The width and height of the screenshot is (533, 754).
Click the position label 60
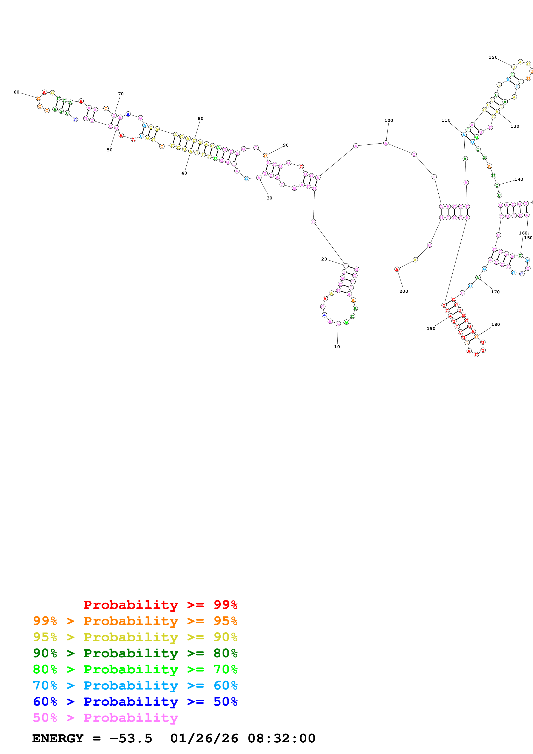[x=16, y=92]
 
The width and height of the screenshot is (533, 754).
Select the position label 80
[x=200, y=119]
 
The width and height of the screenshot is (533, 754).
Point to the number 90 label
[x=286, y=145]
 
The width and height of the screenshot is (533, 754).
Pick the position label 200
[x=404, y=291]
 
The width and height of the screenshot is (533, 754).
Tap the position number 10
[x=337, y=347]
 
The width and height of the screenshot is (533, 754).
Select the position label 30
[x=269, y=198]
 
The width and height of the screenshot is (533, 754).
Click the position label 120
[x=493, y=57]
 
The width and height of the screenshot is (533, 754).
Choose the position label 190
[x=431, y=328]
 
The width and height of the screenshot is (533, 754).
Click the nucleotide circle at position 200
[x=397, y=269]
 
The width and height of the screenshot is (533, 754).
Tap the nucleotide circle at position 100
[x=386, y=143]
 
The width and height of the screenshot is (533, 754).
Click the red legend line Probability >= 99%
[x=160, y=605]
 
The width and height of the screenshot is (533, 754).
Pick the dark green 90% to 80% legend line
[x=135, y=653]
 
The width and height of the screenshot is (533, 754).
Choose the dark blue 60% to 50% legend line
[x=135, y=702]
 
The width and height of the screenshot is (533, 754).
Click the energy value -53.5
[x=131, y=738]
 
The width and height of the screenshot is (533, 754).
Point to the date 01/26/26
[x=204, y=738]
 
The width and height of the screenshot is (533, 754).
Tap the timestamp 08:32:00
[x=281, y=738]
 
